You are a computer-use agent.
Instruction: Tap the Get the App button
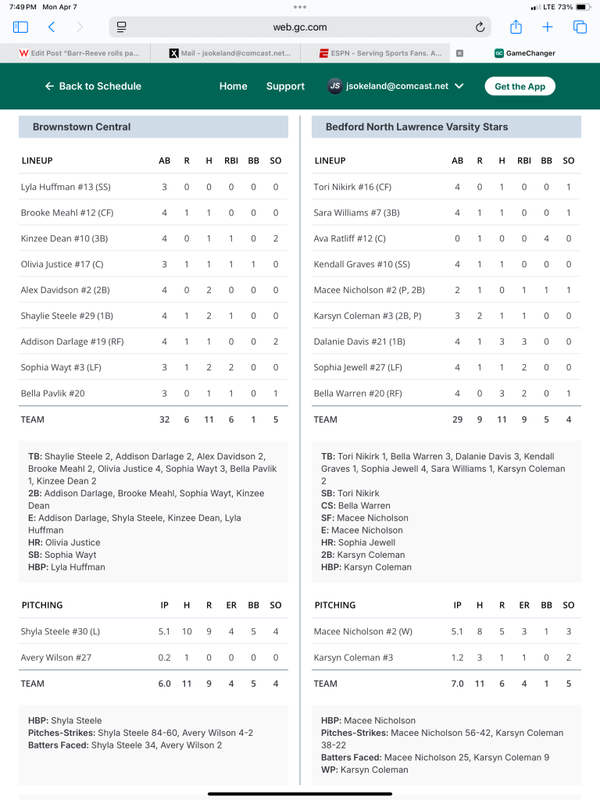520,86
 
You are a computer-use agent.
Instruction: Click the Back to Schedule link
93,86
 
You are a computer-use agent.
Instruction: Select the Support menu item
285,86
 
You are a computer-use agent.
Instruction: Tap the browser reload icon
480,27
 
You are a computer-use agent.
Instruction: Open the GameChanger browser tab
525,53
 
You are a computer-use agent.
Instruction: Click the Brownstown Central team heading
82,127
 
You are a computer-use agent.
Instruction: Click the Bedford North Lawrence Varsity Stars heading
416,127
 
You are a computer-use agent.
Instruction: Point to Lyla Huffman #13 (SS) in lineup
66,187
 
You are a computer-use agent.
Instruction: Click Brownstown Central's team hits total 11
209,420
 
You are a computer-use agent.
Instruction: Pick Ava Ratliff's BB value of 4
546,238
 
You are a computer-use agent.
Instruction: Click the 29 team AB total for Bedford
457,420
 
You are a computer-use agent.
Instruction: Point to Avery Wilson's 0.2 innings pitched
164,658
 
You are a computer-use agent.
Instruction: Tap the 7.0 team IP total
457,684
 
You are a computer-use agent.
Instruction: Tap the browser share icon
516,27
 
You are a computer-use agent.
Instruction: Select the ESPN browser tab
380,53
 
